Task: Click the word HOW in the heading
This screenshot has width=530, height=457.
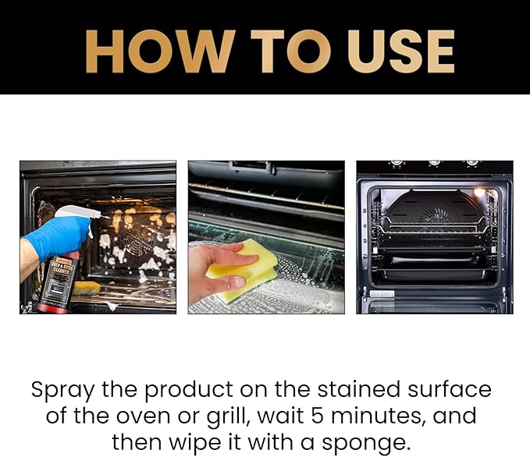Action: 158,51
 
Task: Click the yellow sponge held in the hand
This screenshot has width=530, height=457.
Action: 246,269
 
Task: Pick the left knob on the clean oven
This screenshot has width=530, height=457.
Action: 397,163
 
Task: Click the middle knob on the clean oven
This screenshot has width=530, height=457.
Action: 434,163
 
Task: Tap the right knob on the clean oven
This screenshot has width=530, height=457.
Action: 471,163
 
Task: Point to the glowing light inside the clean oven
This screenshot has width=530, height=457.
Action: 479,192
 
